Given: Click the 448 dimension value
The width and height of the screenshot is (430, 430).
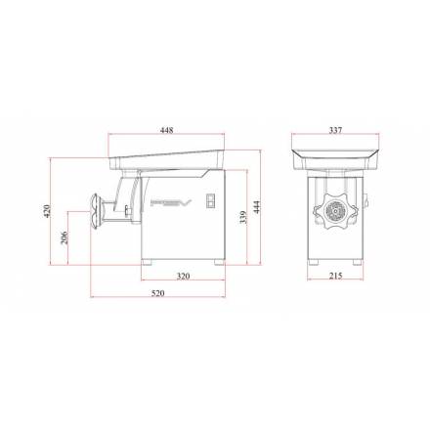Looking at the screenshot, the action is pyautogui.click(x=167, y=130).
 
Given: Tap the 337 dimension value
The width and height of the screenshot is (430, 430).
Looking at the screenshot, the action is pyautogui.click(x=335, y=130).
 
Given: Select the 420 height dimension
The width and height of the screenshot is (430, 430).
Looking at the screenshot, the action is pyautogui.click(x=48, y=211).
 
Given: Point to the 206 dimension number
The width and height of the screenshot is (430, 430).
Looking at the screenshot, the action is pyautogui.click(x=64, y=237).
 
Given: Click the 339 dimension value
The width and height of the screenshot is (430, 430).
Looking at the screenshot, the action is pyautogui.click(x=243, y=217).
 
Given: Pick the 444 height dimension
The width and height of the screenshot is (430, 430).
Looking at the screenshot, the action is pyautogui.click(x=257, y=207).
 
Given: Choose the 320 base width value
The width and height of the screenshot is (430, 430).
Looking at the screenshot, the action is pyautogui.click(x=183, y=277).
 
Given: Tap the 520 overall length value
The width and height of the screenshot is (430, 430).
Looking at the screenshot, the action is pyautogui.click(x=158, y=293).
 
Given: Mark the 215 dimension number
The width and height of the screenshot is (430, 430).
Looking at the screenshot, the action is pyautogui.click(x=335, y=276).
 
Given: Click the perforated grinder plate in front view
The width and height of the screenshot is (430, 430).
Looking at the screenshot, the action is pyautogui.click(x=335, y=211).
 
